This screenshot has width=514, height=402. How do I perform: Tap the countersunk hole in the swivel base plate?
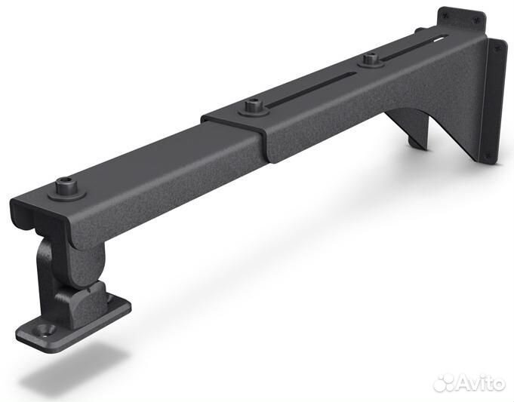pos(45,329)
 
